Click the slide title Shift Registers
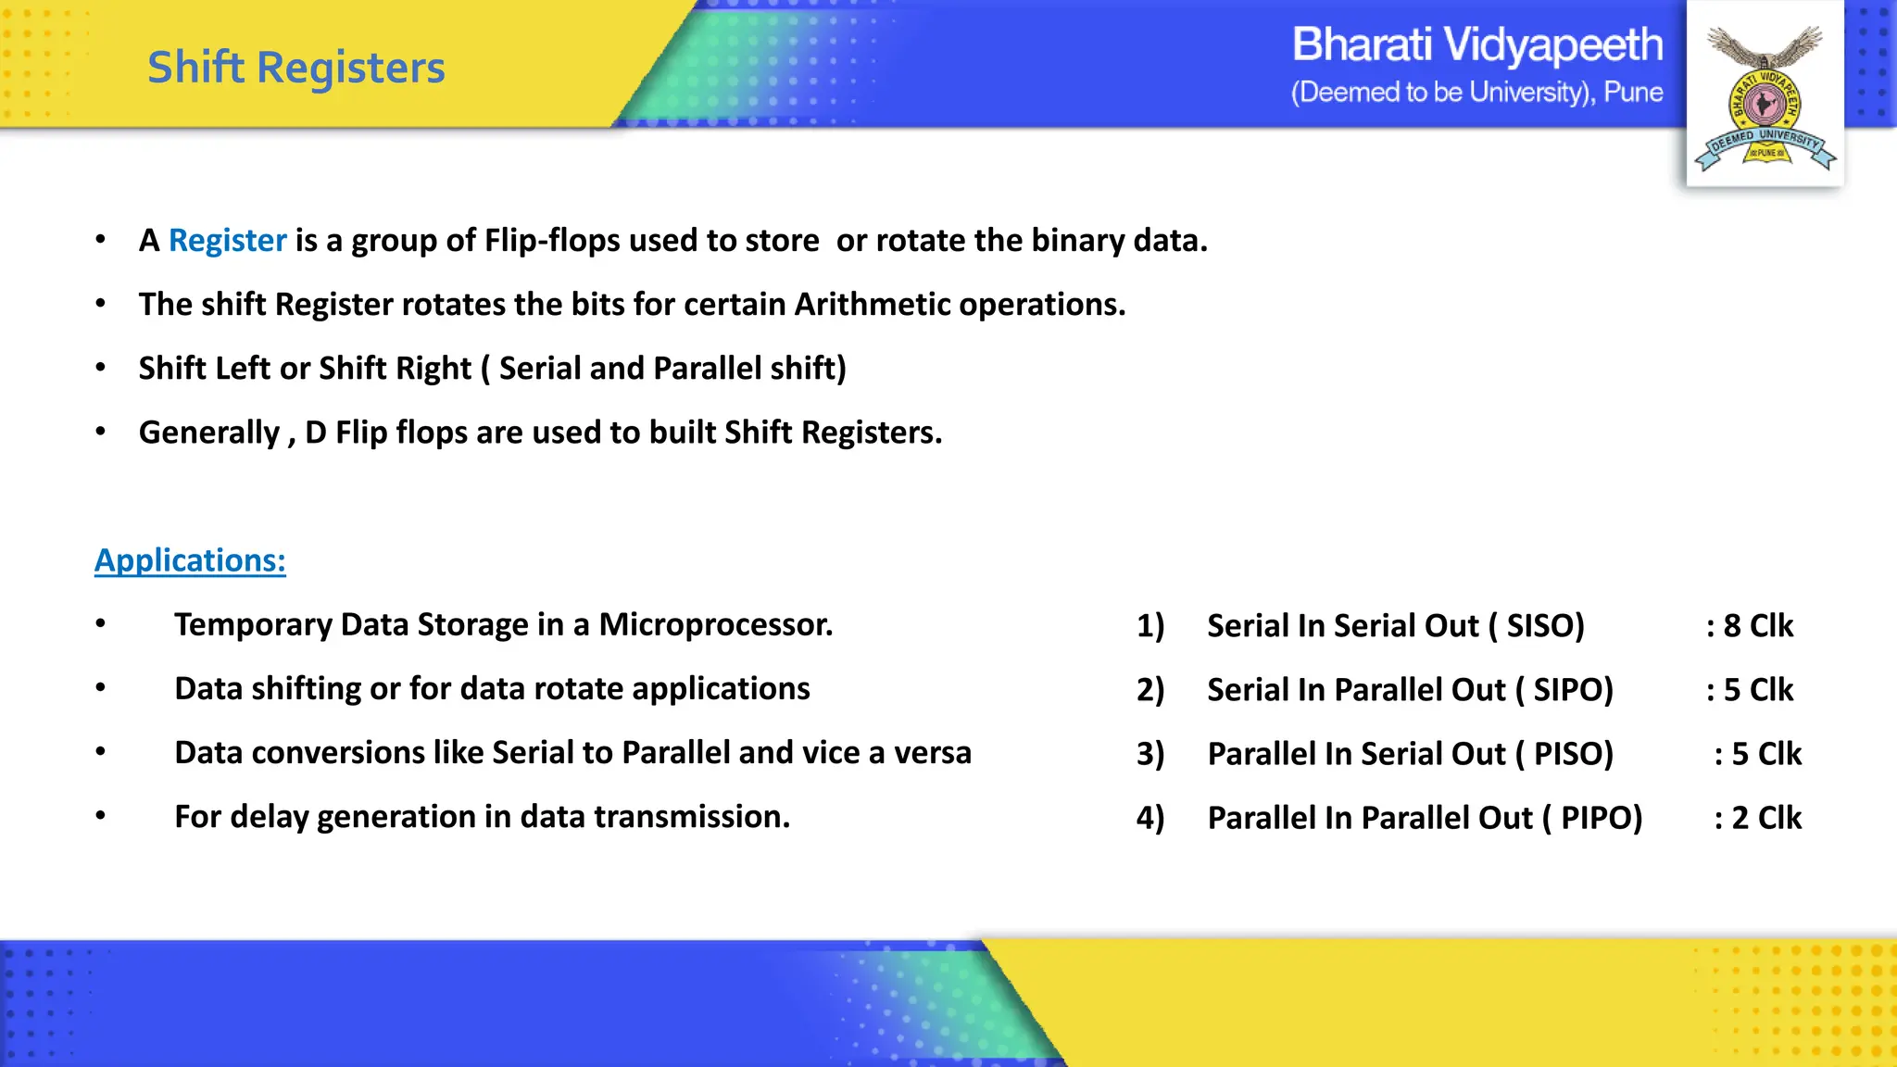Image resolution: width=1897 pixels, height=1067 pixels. pos(296,68)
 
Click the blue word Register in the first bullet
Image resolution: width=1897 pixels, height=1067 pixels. pos(227,241)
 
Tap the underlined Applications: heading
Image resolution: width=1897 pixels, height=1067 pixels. pos(190,560)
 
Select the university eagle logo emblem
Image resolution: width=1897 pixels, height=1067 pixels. pos(1765,97)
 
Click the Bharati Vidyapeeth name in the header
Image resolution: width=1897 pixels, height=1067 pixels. pos(1477,44)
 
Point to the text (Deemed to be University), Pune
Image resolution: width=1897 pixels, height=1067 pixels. pos(1477,93)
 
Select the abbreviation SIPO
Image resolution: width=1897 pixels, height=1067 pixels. pos(1572,690)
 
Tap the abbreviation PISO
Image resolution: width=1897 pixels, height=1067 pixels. pos(1572,754)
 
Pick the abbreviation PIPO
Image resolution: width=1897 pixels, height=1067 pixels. pos(1600,818)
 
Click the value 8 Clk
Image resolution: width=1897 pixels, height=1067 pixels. pos(1757,626)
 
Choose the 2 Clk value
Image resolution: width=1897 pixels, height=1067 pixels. pos(1765,818)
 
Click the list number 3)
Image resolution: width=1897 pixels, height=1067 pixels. pos(1150,754)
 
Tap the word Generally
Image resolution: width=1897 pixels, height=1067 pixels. pos(209,433)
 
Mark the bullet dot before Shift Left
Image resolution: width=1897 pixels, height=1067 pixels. pos(101,368)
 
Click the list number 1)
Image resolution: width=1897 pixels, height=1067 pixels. pos(1150,626)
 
